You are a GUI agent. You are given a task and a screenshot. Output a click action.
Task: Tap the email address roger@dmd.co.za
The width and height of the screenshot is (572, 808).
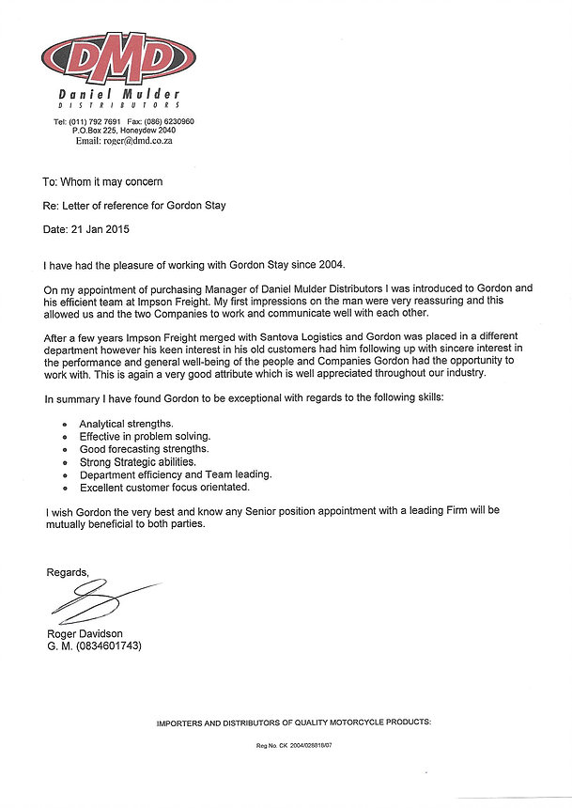tap(137, 141)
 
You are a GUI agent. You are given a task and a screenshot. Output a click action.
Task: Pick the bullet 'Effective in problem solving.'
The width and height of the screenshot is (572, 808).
tap(145, 437)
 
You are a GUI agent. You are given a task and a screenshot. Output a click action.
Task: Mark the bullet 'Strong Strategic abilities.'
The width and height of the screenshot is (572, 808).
tap(137, 462)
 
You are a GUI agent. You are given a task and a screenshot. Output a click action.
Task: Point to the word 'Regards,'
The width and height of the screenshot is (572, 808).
tap(68, 572)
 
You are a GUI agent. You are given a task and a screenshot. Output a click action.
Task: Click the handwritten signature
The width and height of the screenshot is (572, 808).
tap(94, 602)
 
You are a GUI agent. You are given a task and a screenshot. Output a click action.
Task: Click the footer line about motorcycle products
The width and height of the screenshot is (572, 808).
tap(294, 722)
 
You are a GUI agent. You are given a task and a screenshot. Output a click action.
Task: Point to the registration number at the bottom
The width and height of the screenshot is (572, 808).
tap(294, 746)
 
